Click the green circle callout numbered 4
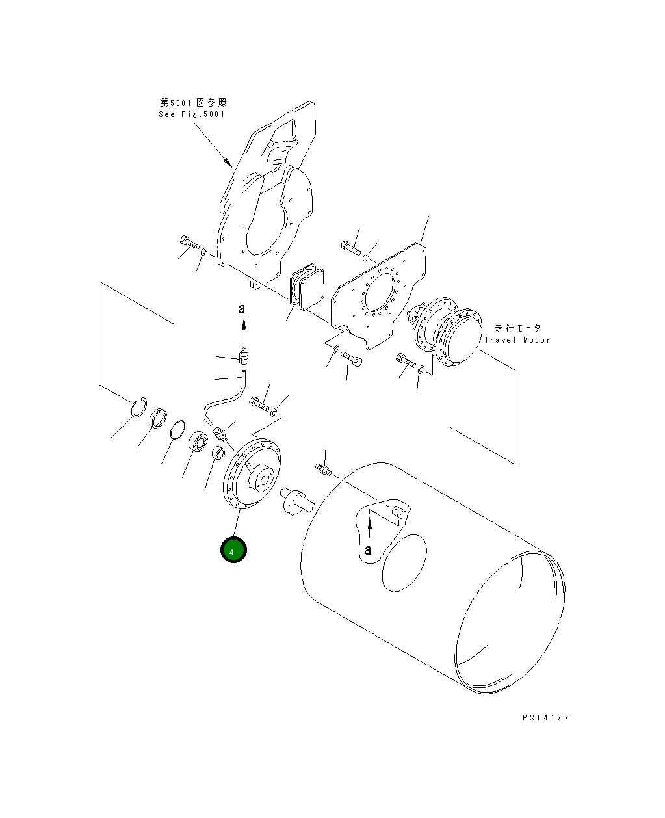click(x=233, y=550)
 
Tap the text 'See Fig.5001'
click(x=192, y=114)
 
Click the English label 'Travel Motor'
click(x=517, y=340)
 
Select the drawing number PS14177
click(x=545, y=718)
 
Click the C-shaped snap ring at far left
click(x=137, y=408)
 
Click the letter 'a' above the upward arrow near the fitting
click(x=242, y=309)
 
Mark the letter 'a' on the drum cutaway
click(x=368, y=550)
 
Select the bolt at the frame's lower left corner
click(x=189, y=243)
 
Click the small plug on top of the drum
click(x=323, y=468)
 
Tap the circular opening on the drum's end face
click(x=404, y=563)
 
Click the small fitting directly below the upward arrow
click(x=244, y=356)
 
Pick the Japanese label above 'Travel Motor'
click(x=517, y=328)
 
